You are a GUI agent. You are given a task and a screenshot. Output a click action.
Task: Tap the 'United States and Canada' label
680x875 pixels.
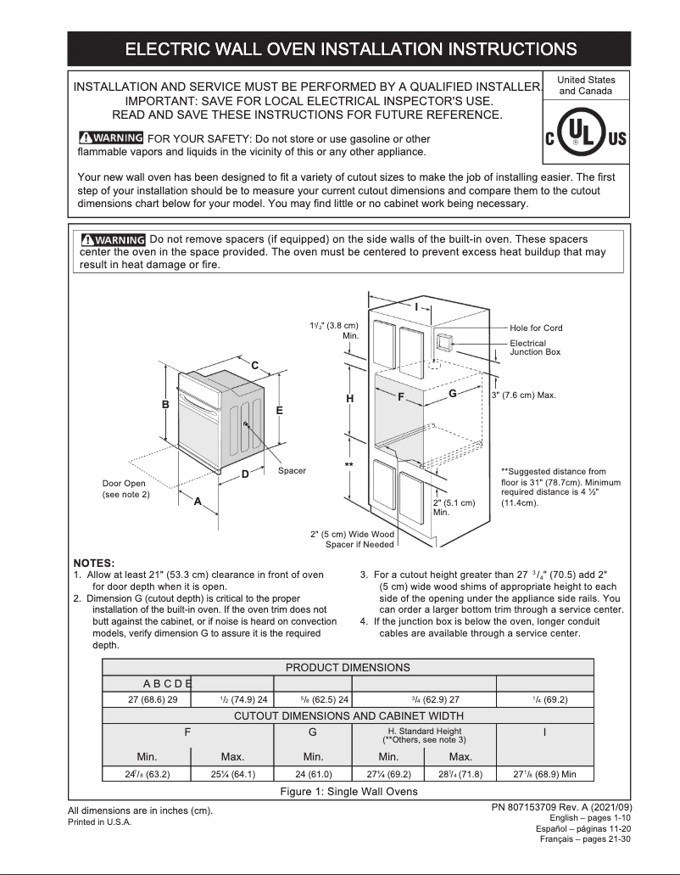[586, 85]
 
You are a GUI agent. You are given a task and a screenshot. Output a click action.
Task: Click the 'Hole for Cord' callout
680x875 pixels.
[536, 328]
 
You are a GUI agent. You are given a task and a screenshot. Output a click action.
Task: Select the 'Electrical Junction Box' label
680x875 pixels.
[534, 347]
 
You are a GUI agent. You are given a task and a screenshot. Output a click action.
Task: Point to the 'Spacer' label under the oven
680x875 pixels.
[292, 470]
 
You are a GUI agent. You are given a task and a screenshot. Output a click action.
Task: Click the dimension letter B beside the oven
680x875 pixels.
[166, 405]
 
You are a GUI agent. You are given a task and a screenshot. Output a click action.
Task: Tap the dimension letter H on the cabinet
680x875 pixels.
[349, 399]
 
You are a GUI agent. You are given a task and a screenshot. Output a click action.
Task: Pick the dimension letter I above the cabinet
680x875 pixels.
[416, 306]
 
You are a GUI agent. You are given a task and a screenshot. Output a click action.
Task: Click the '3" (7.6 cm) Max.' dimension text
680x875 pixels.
[523, 395]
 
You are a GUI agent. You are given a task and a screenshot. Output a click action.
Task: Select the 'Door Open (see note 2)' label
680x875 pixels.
[125, 489]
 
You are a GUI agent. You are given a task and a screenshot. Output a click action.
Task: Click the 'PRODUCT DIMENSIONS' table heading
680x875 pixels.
[348, 667]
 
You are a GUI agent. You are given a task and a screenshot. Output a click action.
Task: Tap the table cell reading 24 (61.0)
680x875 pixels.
[313, 773]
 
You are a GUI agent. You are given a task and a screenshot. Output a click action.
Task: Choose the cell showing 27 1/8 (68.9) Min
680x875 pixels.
[544, 773]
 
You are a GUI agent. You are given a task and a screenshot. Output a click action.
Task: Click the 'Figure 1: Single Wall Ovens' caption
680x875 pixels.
[348, 792]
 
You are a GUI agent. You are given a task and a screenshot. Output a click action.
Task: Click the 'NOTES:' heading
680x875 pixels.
[94, 563]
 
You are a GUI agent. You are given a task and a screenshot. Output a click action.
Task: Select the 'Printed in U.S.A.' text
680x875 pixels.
[99, 822]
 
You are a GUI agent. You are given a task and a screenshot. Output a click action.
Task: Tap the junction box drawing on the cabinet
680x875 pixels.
[443, 342]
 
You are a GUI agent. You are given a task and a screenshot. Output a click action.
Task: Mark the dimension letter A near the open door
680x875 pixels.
[198, 501]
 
